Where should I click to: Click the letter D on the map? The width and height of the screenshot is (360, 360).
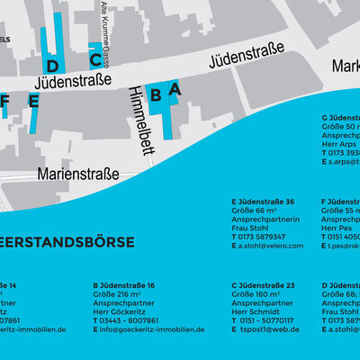click(52, 66)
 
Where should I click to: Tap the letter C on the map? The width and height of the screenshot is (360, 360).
click(94, 59)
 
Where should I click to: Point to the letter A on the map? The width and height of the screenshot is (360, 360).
click(175, 88)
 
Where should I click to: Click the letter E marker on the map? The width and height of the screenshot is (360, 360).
click(33, 101)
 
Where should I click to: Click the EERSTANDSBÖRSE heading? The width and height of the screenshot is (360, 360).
click(67, 242)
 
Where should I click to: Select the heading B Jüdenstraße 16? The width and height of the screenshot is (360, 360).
click(124, 285)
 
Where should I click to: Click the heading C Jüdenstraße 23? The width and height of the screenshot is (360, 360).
click(264, 285)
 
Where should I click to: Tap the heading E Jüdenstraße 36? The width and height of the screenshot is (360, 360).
click(263, 202)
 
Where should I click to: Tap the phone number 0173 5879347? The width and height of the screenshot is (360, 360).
click(263, 237)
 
